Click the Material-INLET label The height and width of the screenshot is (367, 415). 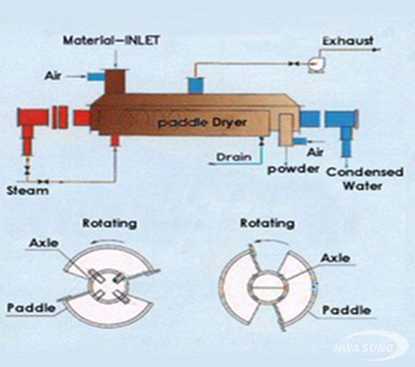[111, 40]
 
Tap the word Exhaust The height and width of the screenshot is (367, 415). [348, 41]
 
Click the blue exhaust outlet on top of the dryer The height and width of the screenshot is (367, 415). [195, 85]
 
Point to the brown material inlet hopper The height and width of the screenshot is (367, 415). [115, 81]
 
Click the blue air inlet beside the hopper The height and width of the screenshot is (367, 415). [96, 76]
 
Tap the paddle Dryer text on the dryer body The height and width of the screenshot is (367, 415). [202, 123]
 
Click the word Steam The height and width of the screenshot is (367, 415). [28, 191]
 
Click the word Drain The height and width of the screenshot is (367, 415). [234, 157]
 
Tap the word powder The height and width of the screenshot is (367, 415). [293, 169]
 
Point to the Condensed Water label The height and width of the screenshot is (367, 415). [365, 180]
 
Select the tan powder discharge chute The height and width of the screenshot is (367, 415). [285, 128]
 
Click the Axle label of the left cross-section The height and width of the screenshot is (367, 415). [44, 243]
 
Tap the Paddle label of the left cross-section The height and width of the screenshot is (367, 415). [31, 308]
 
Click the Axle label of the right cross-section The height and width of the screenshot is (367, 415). [335, 258]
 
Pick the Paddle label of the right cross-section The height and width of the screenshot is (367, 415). [347, 310]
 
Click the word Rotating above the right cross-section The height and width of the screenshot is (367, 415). [267, 223]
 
